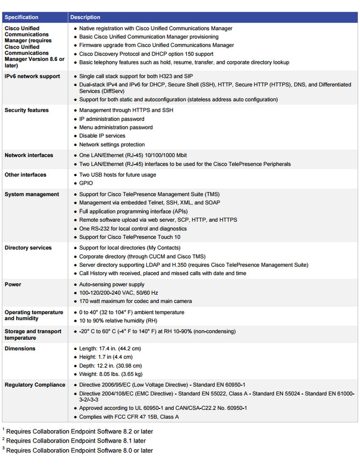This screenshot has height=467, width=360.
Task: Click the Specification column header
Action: (x=22, y=17)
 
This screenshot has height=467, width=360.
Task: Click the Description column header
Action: (x=85, y=17)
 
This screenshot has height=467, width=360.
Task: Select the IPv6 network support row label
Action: (x=32, y=76)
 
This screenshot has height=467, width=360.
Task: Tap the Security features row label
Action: (x=26, y=110)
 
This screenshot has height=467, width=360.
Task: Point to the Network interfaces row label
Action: (x=28, y=156)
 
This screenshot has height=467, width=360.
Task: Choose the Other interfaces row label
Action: (x=25, y=175)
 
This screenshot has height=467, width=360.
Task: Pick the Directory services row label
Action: (x=28, y=248)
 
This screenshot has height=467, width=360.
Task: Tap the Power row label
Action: (x=13, y=285)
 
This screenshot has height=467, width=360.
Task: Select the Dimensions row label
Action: (x=20, y=349)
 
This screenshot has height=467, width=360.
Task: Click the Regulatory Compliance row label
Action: (x=35, y=385)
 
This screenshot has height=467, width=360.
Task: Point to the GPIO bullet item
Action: (x=86, y=183)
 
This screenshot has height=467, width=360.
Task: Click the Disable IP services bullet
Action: (x=102, y=136)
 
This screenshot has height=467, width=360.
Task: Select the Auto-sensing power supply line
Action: (x=112, y=285)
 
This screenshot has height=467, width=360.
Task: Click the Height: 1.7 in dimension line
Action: (x=106, y=357)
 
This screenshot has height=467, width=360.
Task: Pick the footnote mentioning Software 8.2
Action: (x=79, y=431)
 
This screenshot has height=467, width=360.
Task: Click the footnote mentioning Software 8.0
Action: (x=79, y=451)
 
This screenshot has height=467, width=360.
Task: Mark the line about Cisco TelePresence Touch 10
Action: (x=130, y=237)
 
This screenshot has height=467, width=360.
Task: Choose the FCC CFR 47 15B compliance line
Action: (x=129, y=417)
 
